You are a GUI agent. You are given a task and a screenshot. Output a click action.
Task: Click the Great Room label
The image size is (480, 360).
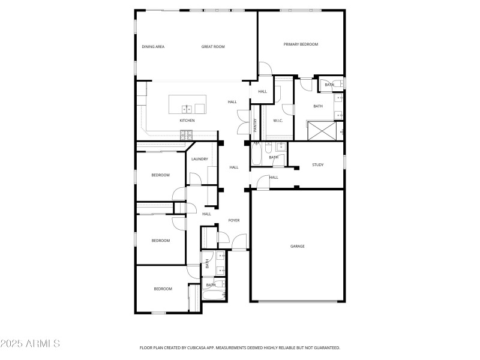click(x=213, y=46)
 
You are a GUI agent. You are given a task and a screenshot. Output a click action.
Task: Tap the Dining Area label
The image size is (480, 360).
click(x=153, y=46)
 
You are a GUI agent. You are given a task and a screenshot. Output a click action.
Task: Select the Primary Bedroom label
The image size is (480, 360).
click(x=301, y=44)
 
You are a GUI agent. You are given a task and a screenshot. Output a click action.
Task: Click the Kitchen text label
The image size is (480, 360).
click(x=187, y=121)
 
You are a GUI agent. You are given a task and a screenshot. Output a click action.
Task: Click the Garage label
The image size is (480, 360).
click(x=298, y=246)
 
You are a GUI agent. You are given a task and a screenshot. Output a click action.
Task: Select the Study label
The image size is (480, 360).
click(x=318, y=164)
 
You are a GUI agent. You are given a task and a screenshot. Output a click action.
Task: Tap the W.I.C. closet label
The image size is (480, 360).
click(x=278, y=121)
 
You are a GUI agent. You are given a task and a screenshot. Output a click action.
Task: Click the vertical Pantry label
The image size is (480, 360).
click(x=255, y=125)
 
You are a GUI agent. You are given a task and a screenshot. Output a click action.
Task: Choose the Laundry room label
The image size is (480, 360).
click(x=200, y=159)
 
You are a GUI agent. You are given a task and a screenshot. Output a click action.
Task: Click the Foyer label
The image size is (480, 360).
click(x=234, y=220)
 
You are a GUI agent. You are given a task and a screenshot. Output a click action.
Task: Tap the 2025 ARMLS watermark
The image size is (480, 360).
click(x=30, y=344)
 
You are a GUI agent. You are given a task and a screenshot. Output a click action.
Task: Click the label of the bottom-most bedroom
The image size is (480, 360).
click(x=163, y=289)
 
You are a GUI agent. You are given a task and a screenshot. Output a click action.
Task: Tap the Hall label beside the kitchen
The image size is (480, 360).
click(x=232, y=102)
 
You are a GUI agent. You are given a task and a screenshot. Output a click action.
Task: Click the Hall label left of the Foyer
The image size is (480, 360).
click(x=206, y=214)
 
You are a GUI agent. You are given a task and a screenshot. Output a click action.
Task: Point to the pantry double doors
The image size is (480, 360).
click(x=242, y=122)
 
